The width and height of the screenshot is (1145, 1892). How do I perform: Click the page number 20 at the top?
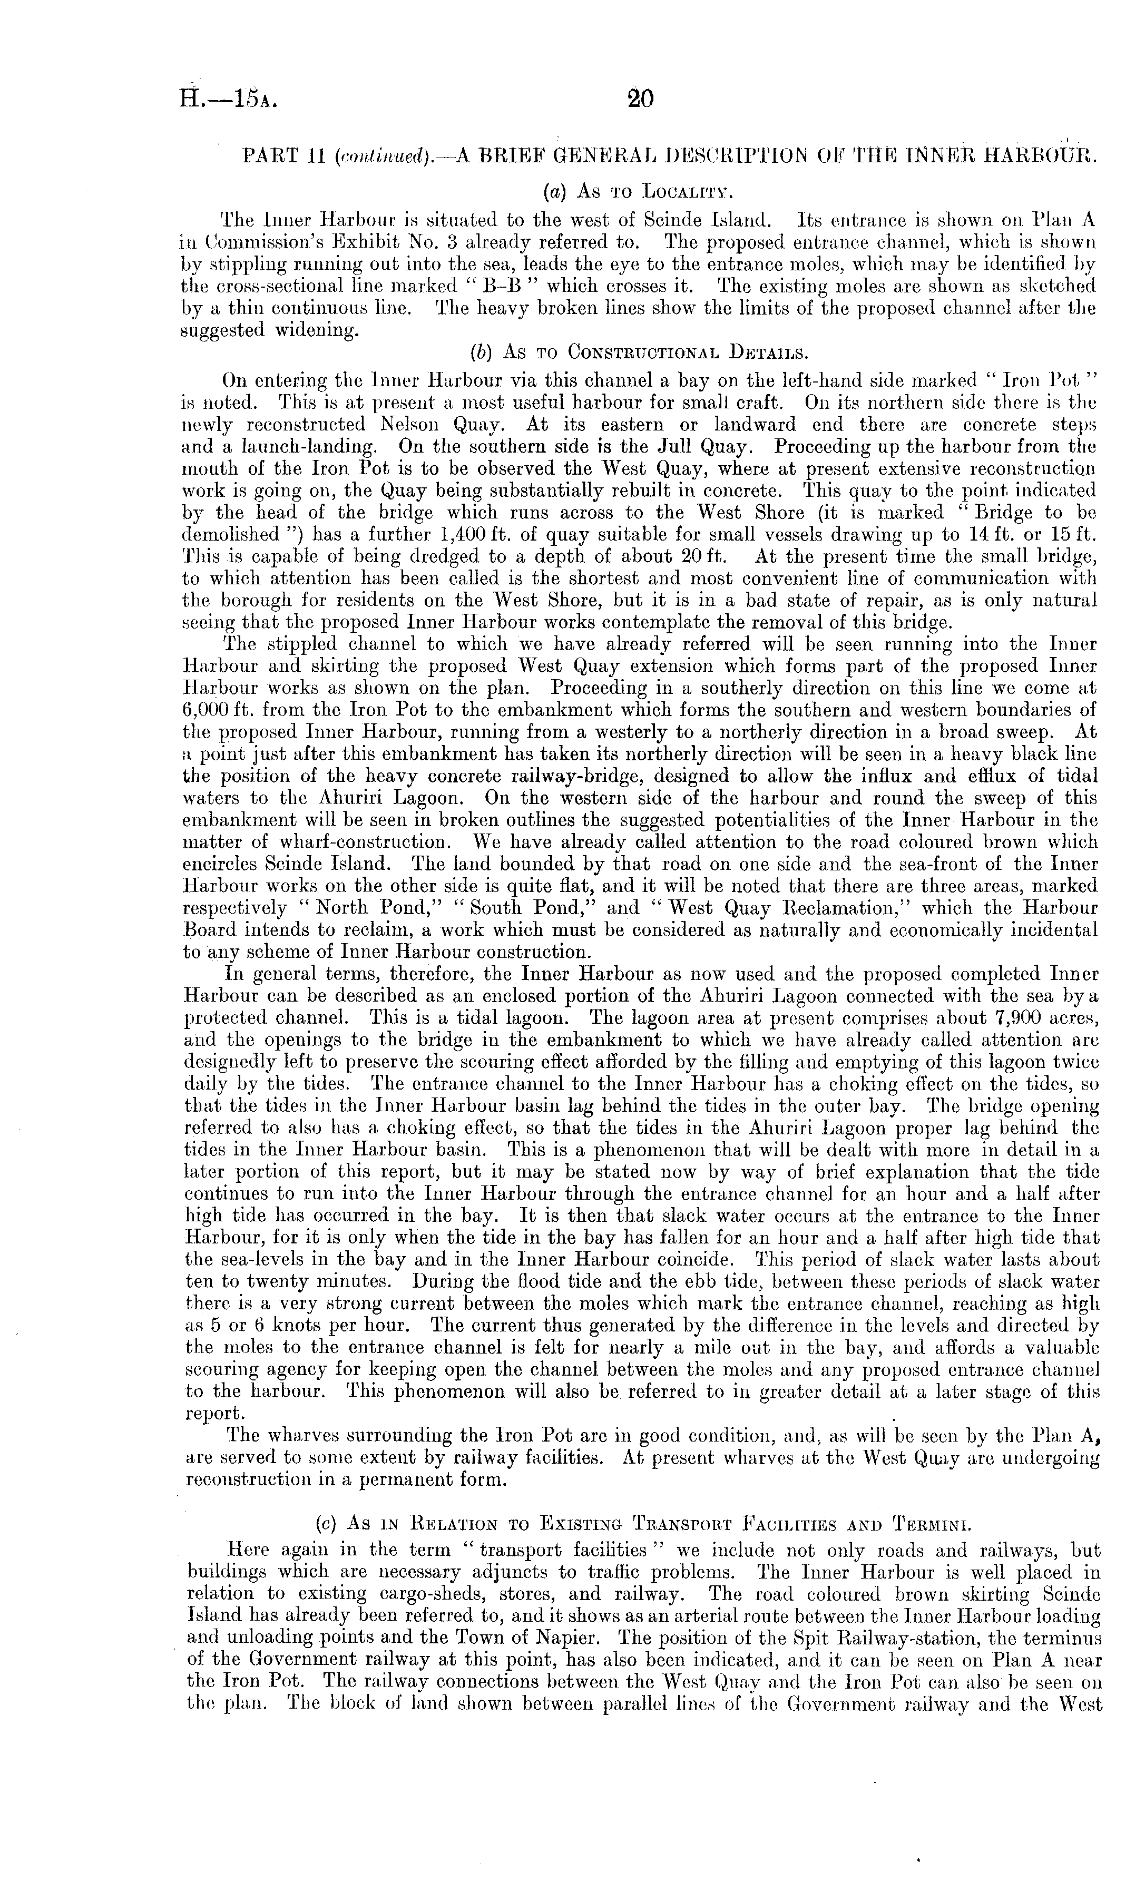coord(639,99)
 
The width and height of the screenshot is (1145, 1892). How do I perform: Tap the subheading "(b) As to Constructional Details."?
coord(638,353)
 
